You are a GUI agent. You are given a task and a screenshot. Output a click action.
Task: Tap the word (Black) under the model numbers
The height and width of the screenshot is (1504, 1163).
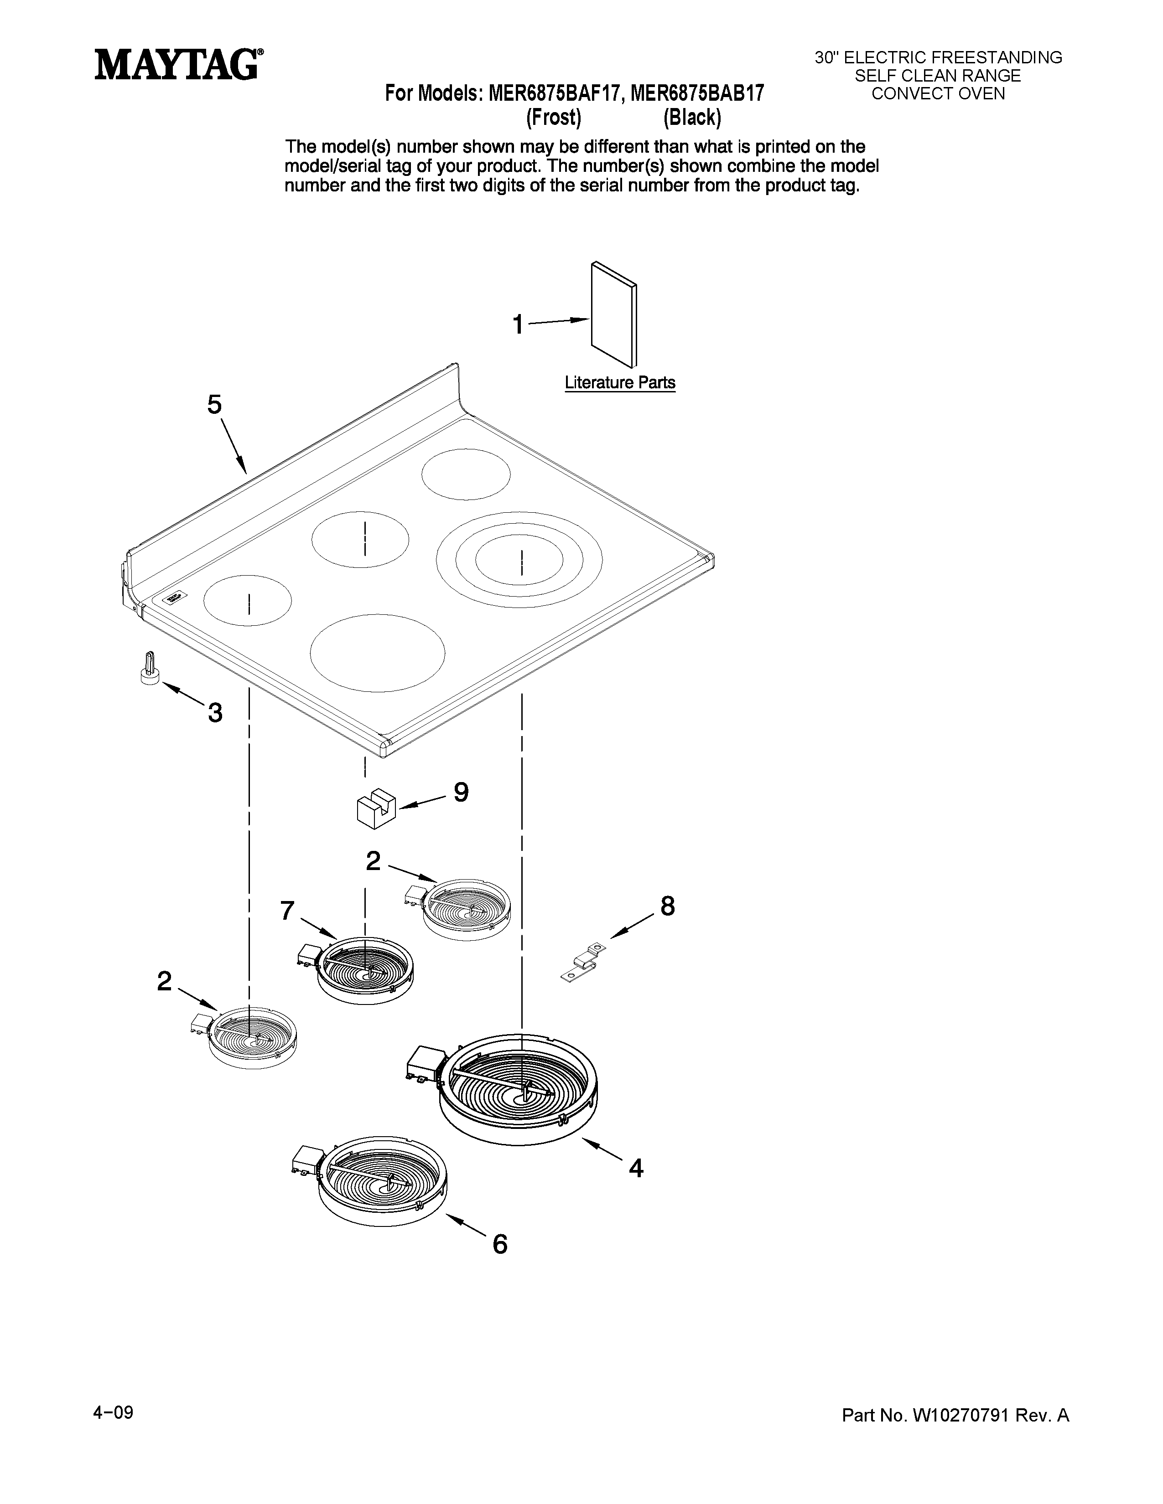pos(692,118)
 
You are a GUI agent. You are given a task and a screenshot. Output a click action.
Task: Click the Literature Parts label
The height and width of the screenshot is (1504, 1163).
pos(619,383)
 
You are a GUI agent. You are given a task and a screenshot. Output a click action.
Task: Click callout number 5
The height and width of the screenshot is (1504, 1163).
pos(215,405)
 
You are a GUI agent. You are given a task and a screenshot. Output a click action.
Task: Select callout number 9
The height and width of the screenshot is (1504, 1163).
pos(461,792)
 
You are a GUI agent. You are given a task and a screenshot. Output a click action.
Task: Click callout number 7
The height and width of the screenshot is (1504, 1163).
pos(287,911)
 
